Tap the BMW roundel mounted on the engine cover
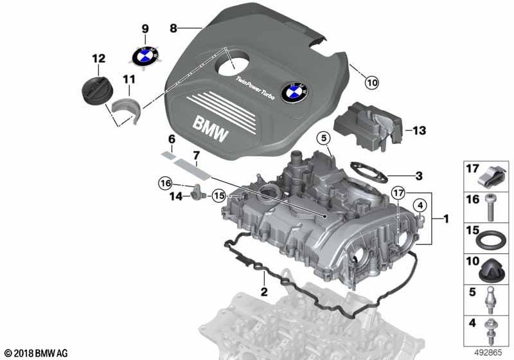click(294, 92)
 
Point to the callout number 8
click(173, 28)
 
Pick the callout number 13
click(419, 131)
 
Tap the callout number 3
click(419, 175)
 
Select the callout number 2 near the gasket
click(263, 293)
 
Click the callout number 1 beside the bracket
click(445, 220)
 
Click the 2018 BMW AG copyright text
click(36, 353)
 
